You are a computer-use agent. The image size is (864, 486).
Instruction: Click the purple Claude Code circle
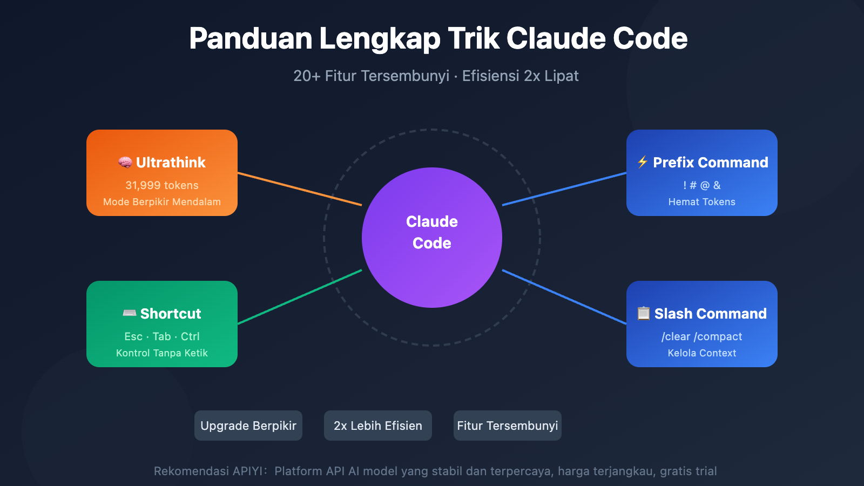tap(432, 238)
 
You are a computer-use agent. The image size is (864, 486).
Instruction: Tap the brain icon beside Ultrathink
tap(125, 163)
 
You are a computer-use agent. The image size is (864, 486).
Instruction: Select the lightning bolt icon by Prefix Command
tap(643, 162)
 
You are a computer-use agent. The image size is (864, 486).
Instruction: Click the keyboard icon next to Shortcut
tap(130, 313)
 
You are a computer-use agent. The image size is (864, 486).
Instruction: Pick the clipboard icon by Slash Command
tap(644, 313)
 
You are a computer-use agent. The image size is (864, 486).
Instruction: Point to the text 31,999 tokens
tap(162, 185)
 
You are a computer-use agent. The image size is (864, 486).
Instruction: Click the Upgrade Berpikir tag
tap(248, 426)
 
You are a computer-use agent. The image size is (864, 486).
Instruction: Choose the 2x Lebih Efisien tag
tap(378, 426)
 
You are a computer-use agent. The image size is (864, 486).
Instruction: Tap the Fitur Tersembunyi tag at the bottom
tap(508, 426)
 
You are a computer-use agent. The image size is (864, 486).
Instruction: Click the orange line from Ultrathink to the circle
tap(300, 189)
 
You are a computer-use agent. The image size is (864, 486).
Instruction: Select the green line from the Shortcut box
tap(300, 296)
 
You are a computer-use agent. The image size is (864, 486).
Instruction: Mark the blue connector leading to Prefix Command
tap(564, 189)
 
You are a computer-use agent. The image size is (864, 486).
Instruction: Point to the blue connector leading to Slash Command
tap(564, 297)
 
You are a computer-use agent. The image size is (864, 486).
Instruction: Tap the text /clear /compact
tap(702, 336)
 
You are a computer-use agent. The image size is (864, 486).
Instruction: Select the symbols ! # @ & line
tap(702, 185)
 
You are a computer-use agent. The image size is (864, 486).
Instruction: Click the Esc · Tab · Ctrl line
tap(162, 336)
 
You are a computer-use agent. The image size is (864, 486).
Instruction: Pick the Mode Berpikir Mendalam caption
tap(162, 202)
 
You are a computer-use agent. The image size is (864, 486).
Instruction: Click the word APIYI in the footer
tap(247, 471)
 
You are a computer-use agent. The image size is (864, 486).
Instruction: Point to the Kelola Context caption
tap(702, 353)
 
